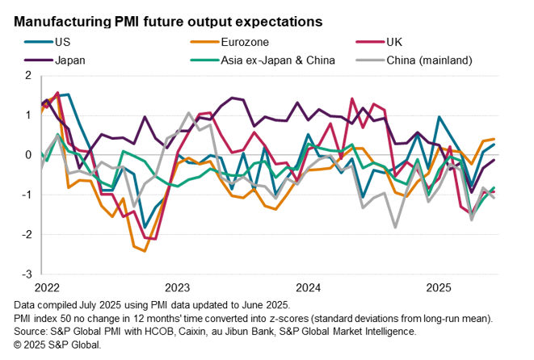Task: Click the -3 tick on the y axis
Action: [25, 274]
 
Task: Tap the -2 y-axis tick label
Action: [25, 235]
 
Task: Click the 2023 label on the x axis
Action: [176, 287]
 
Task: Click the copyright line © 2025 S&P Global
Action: [57, 345]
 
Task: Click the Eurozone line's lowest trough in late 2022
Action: [144, 250]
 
